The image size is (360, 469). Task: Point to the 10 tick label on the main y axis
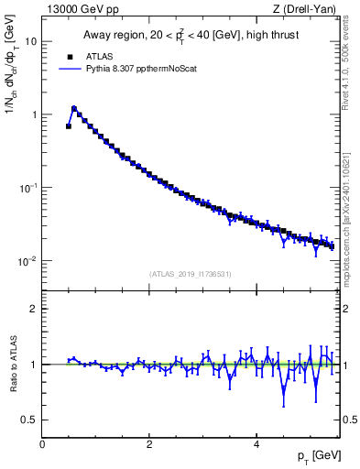click(x=30, y=41)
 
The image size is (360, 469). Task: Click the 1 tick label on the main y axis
click(x=33, y=115)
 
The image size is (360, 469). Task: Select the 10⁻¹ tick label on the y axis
click(x=27, y=187)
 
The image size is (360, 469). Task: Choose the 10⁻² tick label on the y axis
click(x=27, y=260)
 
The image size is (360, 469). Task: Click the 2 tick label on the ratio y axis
click(x=33, y=309)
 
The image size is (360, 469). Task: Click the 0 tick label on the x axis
click(x=42, y=443)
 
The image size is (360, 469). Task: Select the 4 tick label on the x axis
click(x=256, y=443)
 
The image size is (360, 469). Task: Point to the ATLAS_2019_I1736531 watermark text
click(x=190, y=274)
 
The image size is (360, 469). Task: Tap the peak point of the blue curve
click(x=74, y=108)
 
